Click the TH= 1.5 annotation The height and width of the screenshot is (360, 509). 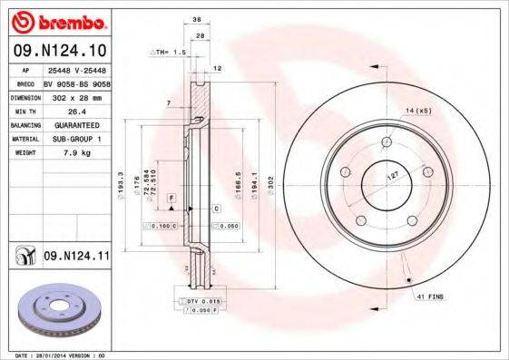(x=169, y=53)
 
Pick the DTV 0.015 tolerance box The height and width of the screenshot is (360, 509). (x=201, y=300)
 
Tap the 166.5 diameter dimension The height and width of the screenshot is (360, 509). (x=239, y=185)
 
